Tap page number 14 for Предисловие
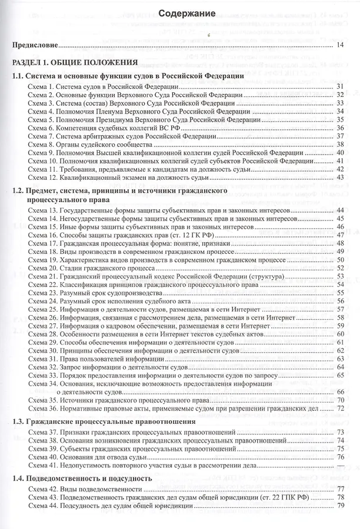(x=341, y=45)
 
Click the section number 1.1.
(x=22, y=76)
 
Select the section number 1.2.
(x=22, y=192)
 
